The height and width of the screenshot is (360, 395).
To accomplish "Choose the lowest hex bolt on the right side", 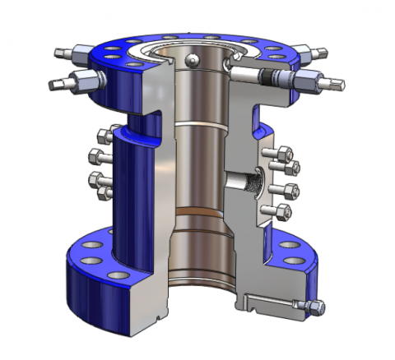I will point(286,212).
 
